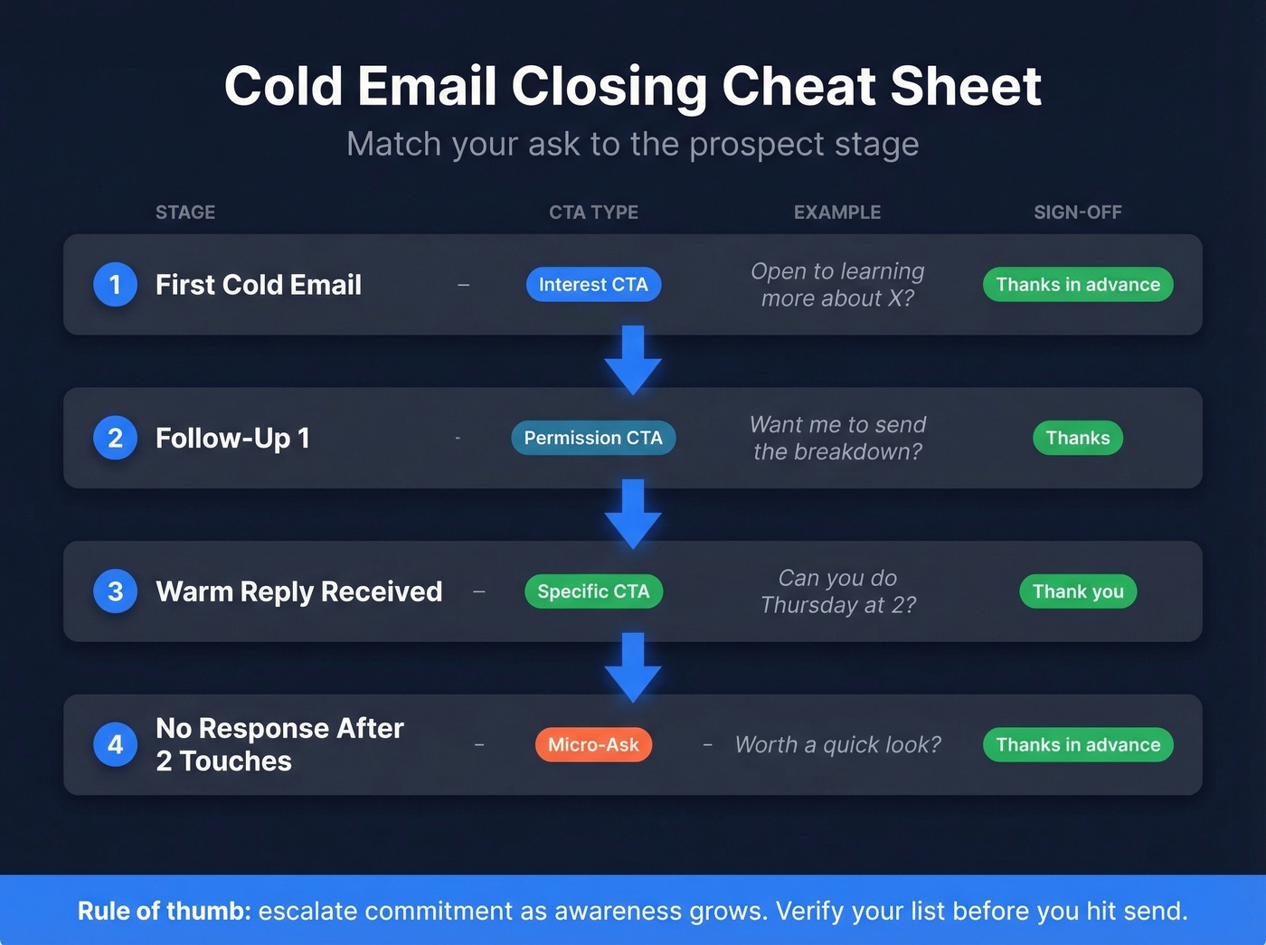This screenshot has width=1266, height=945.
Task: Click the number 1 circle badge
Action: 115,285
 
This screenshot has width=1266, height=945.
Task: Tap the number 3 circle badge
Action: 115,591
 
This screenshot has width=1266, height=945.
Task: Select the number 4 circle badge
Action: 115,745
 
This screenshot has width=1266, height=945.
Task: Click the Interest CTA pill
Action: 593,285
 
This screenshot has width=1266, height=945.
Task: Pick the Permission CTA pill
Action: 593,438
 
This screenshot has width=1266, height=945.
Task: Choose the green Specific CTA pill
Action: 593,591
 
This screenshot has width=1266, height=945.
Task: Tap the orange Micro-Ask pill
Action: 593,745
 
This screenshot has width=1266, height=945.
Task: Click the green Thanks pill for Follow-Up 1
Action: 1078,438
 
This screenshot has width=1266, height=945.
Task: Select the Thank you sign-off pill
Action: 1078,591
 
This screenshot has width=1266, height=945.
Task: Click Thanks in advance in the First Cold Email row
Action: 1078,285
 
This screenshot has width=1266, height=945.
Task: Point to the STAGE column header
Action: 185,213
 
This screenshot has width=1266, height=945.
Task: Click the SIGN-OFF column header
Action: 1078,213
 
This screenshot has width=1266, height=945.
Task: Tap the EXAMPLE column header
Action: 837,213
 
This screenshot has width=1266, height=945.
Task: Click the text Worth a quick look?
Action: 837,745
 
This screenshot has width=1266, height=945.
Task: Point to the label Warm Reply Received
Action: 299,591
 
